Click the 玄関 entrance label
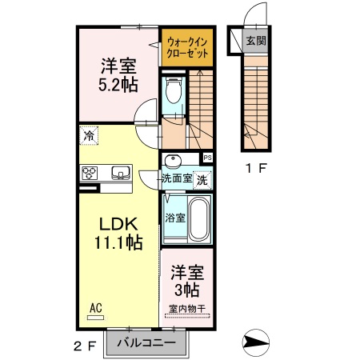[x=255, y=42]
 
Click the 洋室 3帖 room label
[x=189, y=281]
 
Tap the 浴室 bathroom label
[x=174, y=217]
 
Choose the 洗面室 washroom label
[x=177, y=178]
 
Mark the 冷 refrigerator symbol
[x=88, y=136]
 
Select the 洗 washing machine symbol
[x=203, y=179]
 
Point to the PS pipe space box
[x=207, y=158]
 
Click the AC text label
[x=96, y=306]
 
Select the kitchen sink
[x=120, y=173]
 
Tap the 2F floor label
[x=85, y=346]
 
